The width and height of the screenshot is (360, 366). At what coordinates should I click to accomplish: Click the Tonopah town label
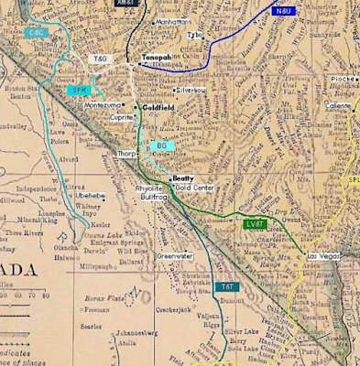157,58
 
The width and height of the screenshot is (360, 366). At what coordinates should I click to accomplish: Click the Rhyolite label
149,188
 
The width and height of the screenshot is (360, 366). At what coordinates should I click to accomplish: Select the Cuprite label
122,117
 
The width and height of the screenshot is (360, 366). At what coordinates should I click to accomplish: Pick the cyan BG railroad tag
161,145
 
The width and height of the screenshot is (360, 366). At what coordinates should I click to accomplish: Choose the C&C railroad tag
38,34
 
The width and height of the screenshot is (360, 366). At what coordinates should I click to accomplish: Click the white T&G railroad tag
100,59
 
